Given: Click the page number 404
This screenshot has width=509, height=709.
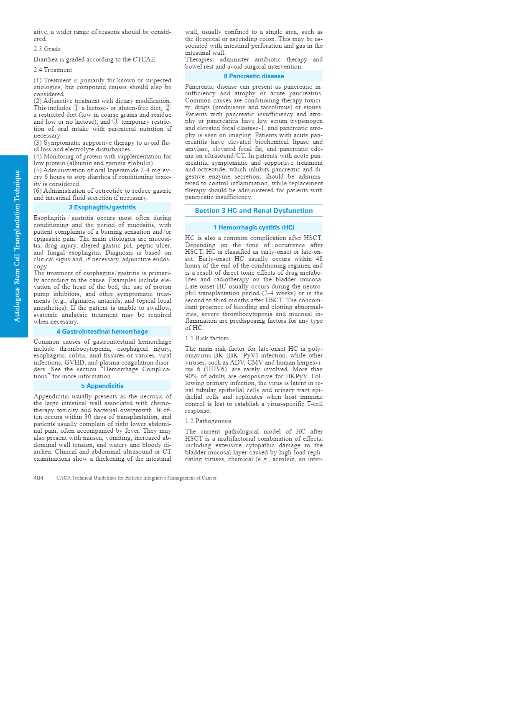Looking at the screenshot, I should click(38, 478).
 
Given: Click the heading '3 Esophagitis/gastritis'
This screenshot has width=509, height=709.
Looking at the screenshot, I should click(102, 207).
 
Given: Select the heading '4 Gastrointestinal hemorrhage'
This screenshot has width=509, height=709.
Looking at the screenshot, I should click(102, 332).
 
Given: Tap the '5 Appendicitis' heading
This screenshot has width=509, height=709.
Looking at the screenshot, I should click(102, 386).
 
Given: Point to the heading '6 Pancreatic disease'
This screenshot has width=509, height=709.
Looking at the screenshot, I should click(254, 76).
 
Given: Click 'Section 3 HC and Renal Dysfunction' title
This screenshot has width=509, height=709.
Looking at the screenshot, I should click(254, 211).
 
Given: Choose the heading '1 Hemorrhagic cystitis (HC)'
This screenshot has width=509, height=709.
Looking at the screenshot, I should click(254, 227).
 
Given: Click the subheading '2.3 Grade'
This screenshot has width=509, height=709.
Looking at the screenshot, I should click(47, 49).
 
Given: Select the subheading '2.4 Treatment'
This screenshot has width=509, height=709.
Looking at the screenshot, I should click(53, 70).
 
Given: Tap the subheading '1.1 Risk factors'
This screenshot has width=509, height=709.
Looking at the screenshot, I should click(207, 338).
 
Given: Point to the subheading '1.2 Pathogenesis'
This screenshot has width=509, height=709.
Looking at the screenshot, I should click(208, 421).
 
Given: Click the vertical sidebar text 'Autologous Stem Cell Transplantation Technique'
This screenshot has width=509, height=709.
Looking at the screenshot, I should click(17, 246).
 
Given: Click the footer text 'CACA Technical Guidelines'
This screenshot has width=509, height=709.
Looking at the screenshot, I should click(136, 478).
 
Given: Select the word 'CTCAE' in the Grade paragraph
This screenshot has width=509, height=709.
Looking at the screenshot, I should click(144, 59).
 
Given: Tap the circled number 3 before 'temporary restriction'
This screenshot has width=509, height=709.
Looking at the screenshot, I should click(115, 122).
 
